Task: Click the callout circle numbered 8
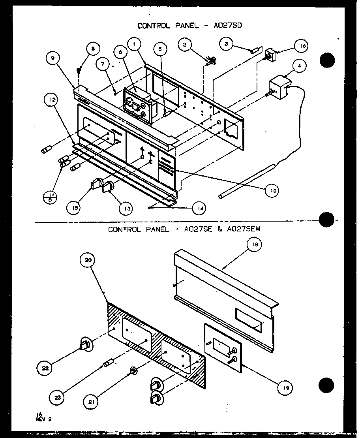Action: [x=93, y=49]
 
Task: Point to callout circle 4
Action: [x=300, y=66]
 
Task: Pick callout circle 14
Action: [x=199, y=208]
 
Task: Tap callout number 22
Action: [x=44, y=368]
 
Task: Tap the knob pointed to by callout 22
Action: [x=86, y=345]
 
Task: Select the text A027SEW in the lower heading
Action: [x=246, y=229]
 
